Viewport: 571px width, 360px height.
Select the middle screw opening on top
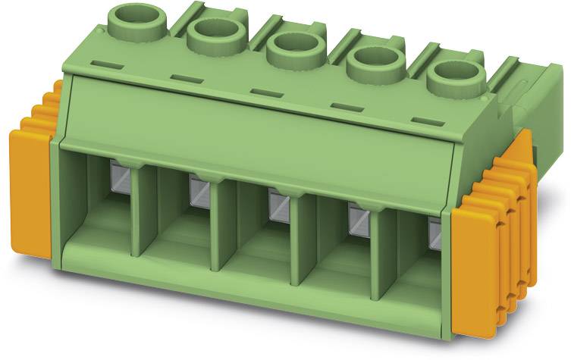(290, 48)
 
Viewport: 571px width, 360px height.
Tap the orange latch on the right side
(478, 273)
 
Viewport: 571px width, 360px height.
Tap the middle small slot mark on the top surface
(263, 92)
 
